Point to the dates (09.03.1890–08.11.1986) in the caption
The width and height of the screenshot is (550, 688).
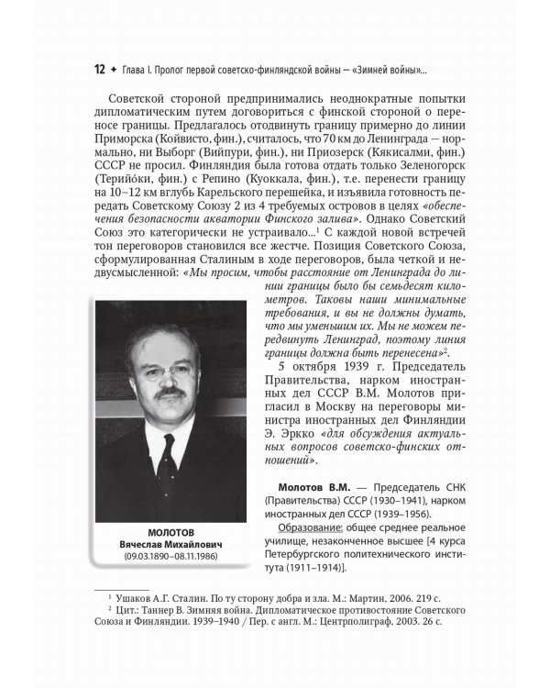pos(167,557)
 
